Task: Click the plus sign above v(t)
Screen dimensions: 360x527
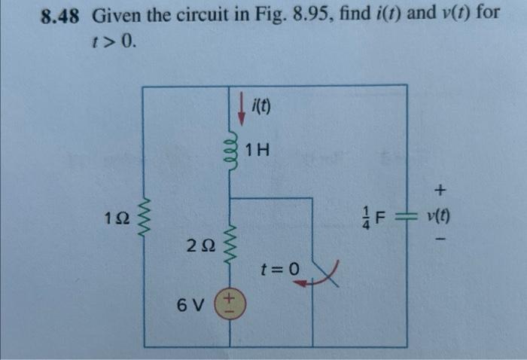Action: click(440, 188)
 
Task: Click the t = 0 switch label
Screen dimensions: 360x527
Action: click(278, 268)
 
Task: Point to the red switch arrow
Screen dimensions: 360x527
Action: click(306, 281)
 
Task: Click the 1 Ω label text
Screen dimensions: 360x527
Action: click(118, 219)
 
